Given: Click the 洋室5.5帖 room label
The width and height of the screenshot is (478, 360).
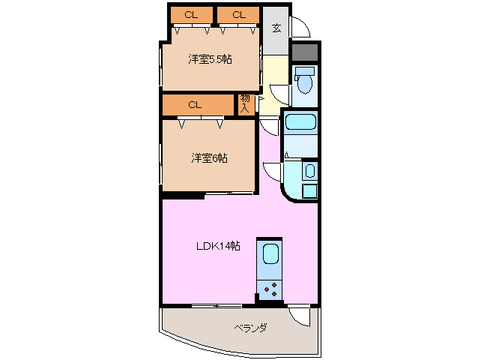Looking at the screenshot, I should pyautogui.click(x=210, y=58).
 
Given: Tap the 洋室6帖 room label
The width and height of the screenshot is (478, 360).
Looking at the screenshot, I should pyautogui.click(x=209, y=157).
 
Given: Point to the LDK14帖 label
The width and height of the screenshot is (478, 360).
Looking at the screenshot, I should pyautogui.click(x=218, y=246).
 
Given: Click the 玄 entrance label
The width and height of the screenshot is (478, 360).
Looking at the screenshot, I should pyautogui.click(x=276, y=29).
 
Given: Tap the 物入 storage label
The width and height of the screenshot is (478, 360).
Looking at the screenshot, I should pyautogui.click(x=245, y=103).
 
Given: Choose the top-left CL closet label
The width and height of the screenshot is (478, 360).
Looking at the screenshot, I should pyautogui.click(x=192, y=14).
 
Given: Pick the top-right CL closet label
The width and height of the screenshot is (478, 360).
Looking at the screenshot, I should pyautogui.click(x=238, y=14).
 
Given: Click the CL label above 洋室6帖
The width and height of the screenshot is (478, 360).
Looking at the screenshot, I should pyautogui.click(x=195, y=105).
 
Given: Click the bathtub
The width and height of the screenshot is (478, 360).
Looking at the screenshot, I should pyautogui.click(x=301, y=123).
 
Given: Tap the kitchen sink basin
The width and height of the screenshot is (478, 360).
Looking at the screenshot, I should pyautogui.click(x=270, y=254).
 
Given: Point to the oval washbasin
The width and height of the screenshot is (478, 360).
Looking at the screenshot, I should pyautogui.click(x=310, y=172).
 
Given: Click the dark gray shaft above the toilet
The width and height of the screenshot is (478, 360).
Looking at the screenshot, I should pyautogui.click(x=305, y=53).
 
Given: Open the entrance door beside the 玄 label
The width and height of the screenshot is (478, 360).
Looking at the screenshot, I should pyautogui.click(x=300, y=28).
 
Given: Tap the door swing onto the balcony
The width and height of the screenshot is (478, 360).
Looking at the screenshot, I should pyautogui.click(x=300, y=316).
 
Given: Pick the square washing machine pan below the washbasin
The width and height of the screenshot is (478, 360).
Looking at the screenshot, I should pyautogui.click(x=309, y=190).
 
